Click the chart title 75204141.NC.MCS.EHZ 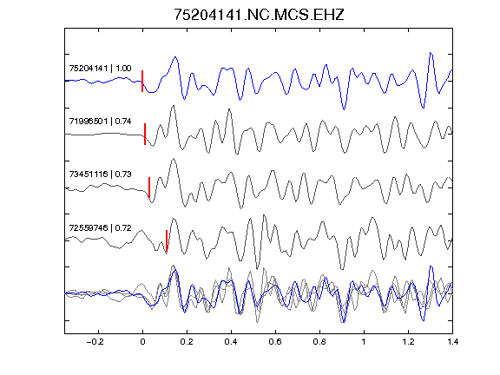point(259,15)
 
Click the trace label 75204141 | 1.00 point(100,69)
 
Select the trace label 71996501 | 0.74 point(100,122)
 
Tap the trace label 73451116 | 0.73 point(100,174)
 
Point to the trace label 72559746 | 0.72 point(100,227)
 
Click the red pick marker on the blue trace point(142,81)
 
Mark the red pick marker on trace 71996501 point(145,135)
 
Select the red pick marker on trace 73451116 point(149,187)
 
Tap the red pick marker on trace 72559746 point(167,240)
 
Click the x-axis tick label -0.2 point(95,342)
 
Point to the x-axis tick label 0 point(142,342)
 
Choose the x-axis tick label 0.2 point(187,342)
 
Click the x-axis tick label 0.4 point(231,342)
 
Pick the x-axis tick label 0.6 point(275,342)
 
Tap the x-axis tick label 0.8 point(319,342)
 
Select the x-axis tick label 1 point(364,342)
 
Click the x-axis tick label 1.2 point(408,342)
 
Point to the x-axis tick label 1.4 point(452,342)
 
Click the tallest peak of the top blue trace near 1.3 point(431,53)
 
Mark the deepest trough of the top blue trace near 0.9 point(344,109)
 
